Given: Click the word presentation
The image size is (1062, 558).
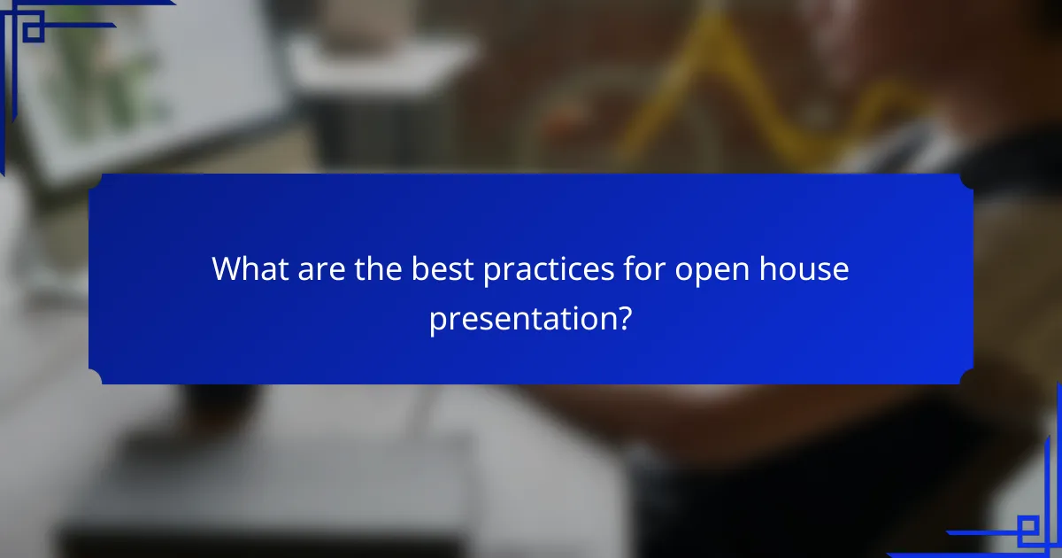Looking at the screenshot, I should tap(522, 318).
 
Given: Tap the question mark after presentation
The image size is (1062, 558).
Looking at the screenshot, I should tap(625, 318).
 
